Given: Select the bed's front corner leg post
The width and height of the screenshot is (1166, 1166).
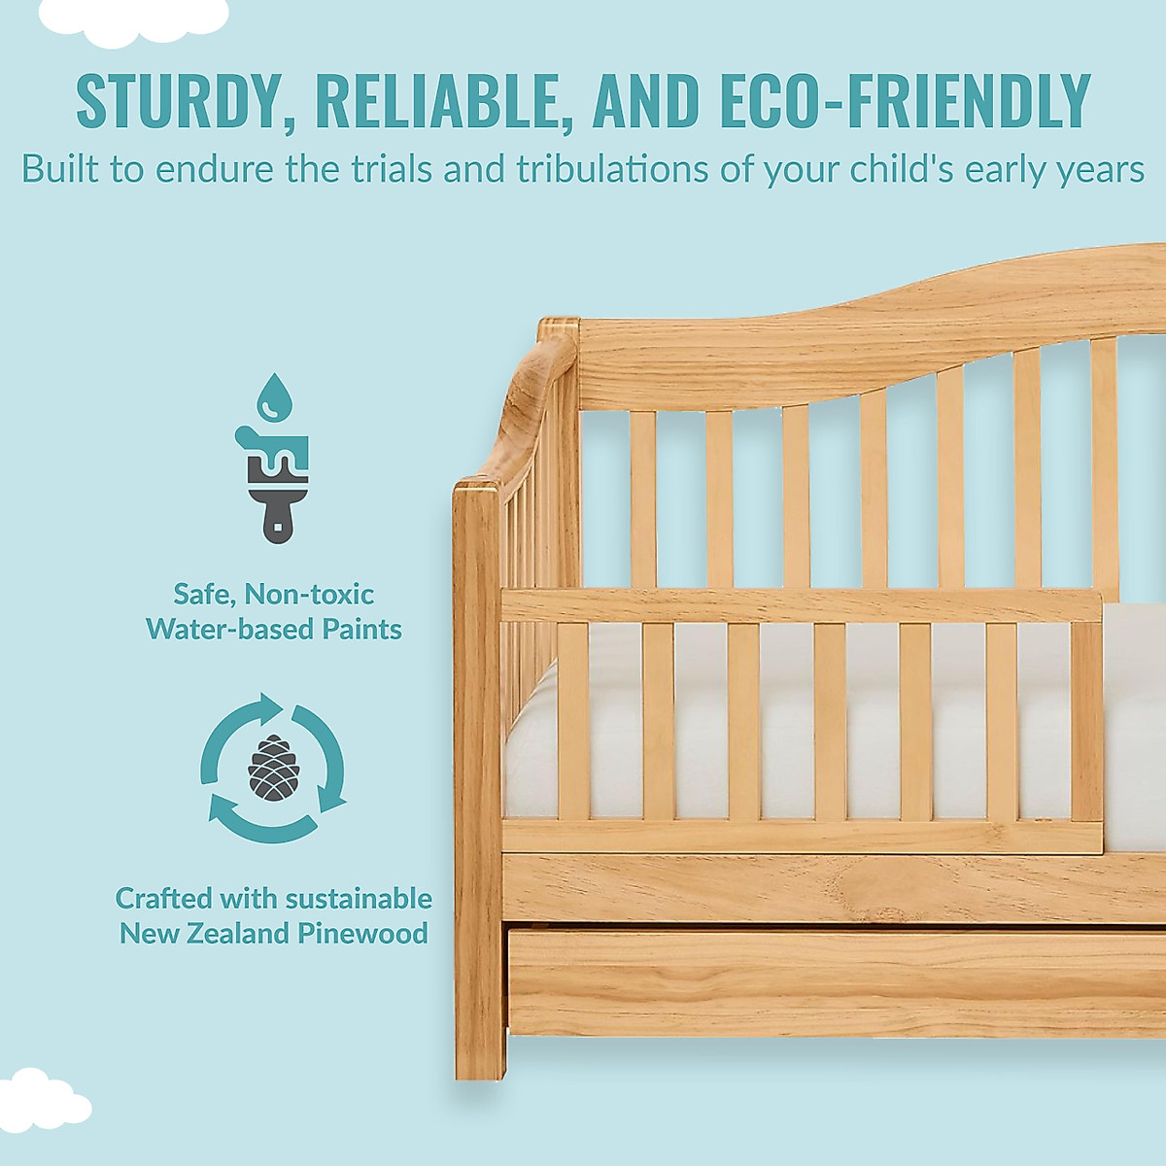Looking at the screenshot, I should pos(478,777).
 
